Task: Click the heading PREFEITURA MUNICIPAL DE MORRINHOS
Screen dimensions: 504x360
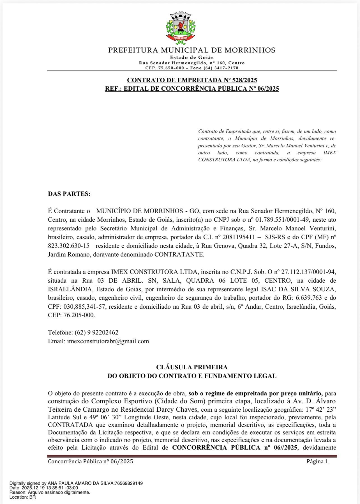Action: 192,50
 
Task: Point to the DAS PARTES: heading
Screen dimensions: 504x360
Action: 69,194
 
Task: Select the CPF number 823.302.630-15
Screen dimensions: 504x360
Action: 69,246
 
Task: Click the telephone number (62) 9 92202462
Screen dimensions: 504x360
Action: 96,333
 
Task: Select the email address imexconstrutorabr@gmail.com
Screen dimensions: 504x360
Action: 108,341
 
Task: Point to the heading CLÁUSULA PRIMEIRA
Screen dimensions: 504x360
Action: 192,367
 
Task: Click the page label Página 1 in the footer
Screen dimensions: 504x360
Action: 317,462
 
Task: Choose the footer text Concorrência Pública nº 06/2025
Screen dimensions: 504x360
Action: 90,462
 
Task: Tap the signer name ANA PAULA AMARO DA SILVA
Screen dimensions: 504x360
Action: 80,483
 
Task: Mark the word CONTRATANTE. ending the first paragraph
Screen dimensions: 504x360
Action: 179,255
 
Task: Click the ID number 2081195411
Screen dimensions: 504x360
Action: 239,237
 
